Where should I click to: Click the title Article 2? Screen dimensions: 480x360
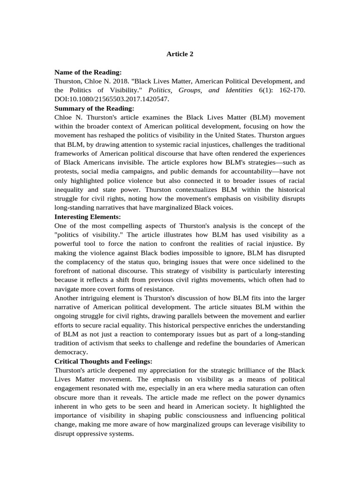click(180, 54)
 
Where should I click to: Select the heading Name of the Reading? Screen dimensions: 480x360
click(88, 72)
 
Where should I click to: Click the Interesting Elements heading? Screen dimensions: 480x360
click(88, 217)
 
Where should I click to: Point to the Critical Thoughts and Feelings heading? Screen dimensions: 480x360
click(103, 361)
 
